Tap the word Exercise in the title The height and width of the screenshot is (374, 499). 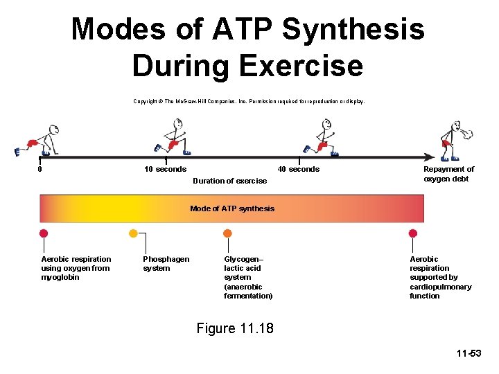[301, 66]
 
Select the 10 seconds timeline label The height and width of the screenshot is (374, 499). [165, 170]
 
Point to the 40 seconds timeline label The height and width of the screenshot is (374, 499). [299, 170]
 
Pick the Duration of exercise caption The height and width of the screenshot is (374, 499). [229, 181]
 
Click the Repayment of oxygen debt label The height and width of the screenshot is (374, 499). [448, 174]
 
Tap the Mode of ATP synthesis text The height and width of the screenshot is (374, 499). [232, 208]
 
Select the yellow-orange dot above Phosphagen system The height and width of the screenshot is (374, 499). [133, 233]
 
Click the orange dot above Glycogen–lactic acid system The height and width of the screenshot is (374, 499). [227, 233]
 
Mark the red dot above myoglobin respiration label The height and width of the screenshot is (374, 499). [44, 233]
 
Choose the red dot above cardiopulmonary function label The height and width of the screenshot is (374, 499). [413, 233]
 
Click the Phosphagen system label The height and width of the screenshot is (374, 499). [166, 264]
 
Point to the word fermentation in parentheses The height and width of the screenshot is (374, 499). [248, 296]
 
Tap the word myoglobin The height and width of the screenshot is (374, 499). [60, 278]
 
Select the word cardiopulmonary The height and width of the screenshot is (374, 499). [440, 287]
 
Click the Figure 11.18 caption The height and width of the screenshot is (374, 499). [235, 328]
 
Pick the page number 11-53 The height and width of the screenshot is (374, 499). [469, 354]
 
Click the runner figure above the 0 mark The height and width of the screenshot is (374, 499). [39, 140]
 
